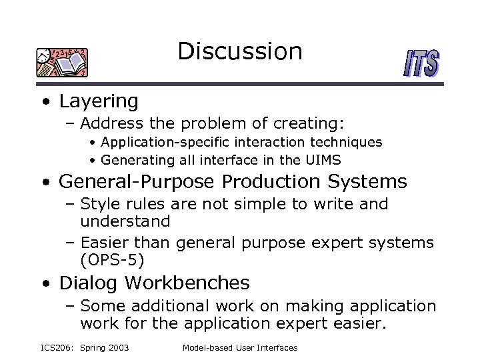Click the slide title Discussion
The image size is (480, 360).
coord(240,51)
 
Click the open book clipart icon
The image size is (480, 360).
coord(63,63)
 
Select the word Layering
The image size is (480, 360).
coord(99,102)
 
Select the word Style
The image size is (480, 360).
coord(98,204)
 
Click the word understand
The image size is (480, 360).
coord(125,221)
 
